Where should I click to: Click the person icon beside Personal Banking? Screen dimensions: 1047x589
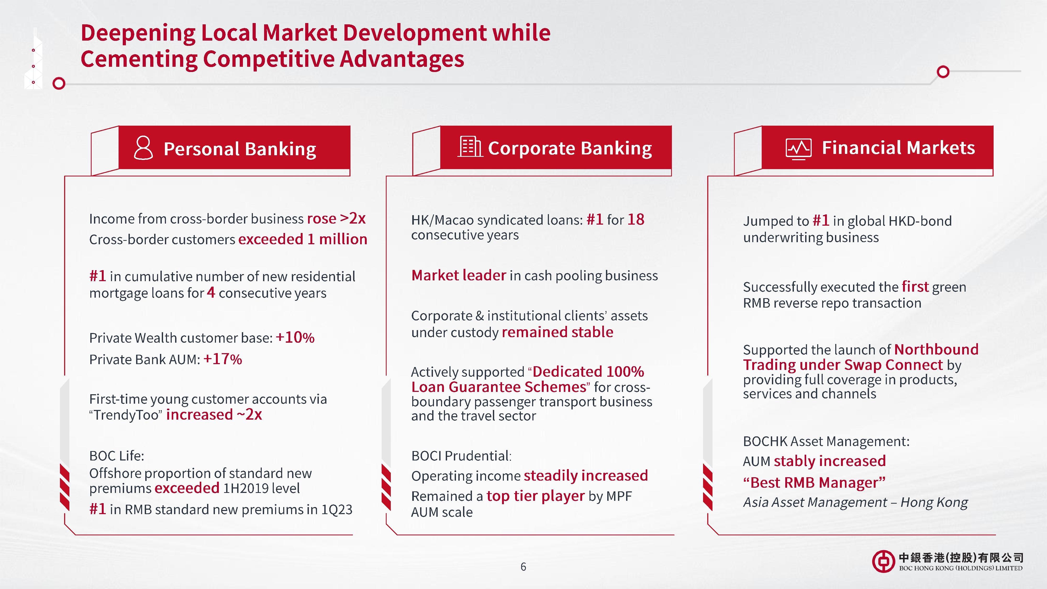143,148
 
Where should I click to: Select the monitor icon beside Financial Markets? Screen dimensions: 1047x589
799,149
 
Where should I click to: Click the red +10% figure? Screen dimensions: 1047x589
295,338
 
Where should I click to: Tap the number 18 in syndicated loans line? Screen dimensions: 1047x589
636,220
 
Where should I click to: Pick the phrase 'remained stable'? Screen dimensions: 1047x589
558,332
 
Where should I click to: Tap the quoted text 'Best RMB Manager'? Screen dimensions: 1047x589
814,482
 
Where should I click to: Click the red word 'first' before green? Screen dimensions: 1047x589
915,287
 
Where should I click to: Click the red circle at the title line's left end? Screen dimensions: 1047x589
59,83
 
